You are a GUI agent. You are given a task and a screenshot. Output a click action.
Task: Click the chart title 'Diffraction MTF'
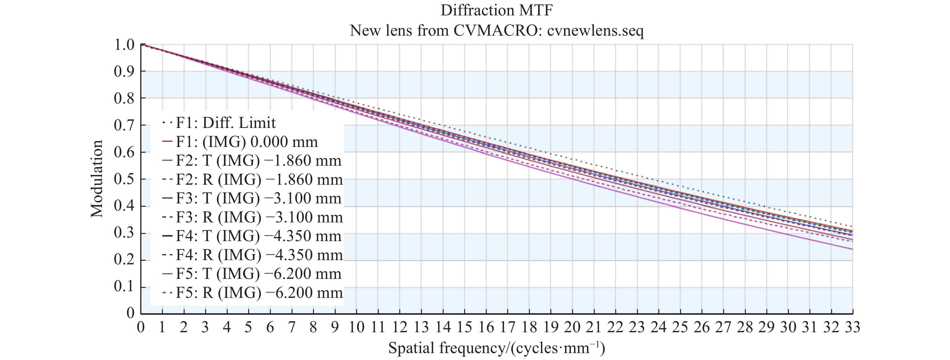tap(496, 10)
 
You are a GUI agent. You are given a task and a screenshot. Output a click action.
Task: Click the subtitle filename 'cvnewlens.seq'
tap(595, 30)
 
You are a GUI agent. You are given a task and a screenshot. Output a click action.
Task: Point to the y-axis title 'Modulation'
tap(97, 179)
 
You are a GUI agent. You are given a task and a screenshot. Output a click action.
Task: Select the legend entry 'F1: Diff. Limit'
tap(225, 123)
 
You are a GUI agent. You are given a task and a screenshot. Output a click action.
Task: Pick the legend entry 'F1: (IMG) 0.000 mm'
tap(246, 142)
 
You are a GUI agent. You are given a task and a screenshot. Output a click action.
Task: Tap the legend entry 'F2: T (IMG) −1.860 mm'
tap(258, 161)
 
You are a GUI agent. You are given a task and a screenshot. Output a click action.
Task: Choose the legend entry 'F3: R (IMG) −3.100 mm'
tap(259, 217)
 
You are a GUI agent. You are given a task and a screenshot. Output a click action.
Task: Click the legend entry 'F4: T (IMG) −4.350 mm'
tap(258, 236)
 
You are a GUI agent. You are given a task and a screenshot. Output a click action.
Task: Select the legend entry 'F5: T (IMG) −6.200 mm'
tap(258, 274)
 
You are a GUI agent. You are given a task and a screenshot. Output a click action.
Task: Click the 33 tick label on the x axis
tap(852, 327)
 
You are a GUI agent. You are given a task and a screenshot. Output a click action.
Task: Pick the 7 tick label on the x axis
tap(292, 327)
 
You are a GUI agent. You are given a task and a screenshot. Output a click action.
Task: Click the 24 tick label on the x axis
tap(658, 327)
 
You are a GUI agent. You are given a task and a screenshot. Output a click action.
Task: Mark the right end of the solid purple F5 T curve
tap(852, 249)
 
